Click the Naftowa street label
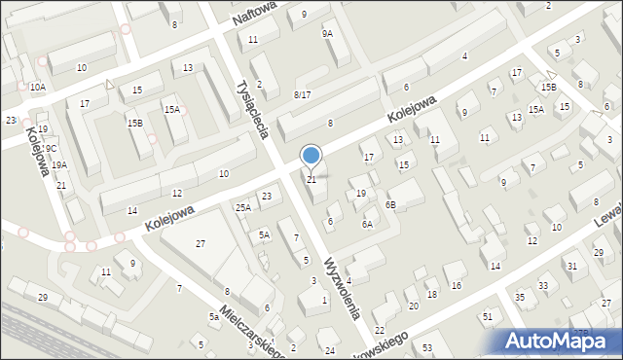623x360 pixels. [254, 13]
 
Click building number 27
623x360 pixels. [200, 243]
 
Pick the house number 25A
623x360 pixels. [242, 207]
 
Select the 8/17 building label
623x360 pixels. [302, 94]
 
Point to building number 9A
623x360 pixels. [327, 33]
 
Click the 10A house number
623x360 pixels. [37, 87]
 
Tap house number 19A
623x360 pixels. [59, 165]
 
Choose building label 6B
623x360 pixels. [390, 204]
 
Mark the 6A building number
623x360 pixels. [367, 224]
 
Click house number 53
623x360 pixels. [427, 347]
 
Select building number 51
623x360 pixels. [487, 317]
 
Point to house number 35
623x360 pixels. [520, 296]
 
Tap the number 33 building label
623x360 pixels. [543, 285]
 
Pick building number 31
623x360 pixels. [571, 266]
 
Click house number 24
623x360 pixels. [330, 350]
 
